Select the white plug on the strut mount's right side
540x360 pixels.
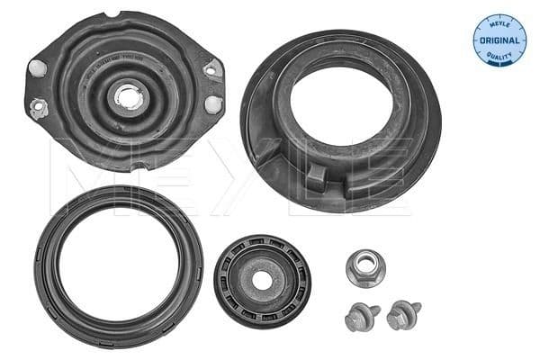(x=212, y=103)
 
